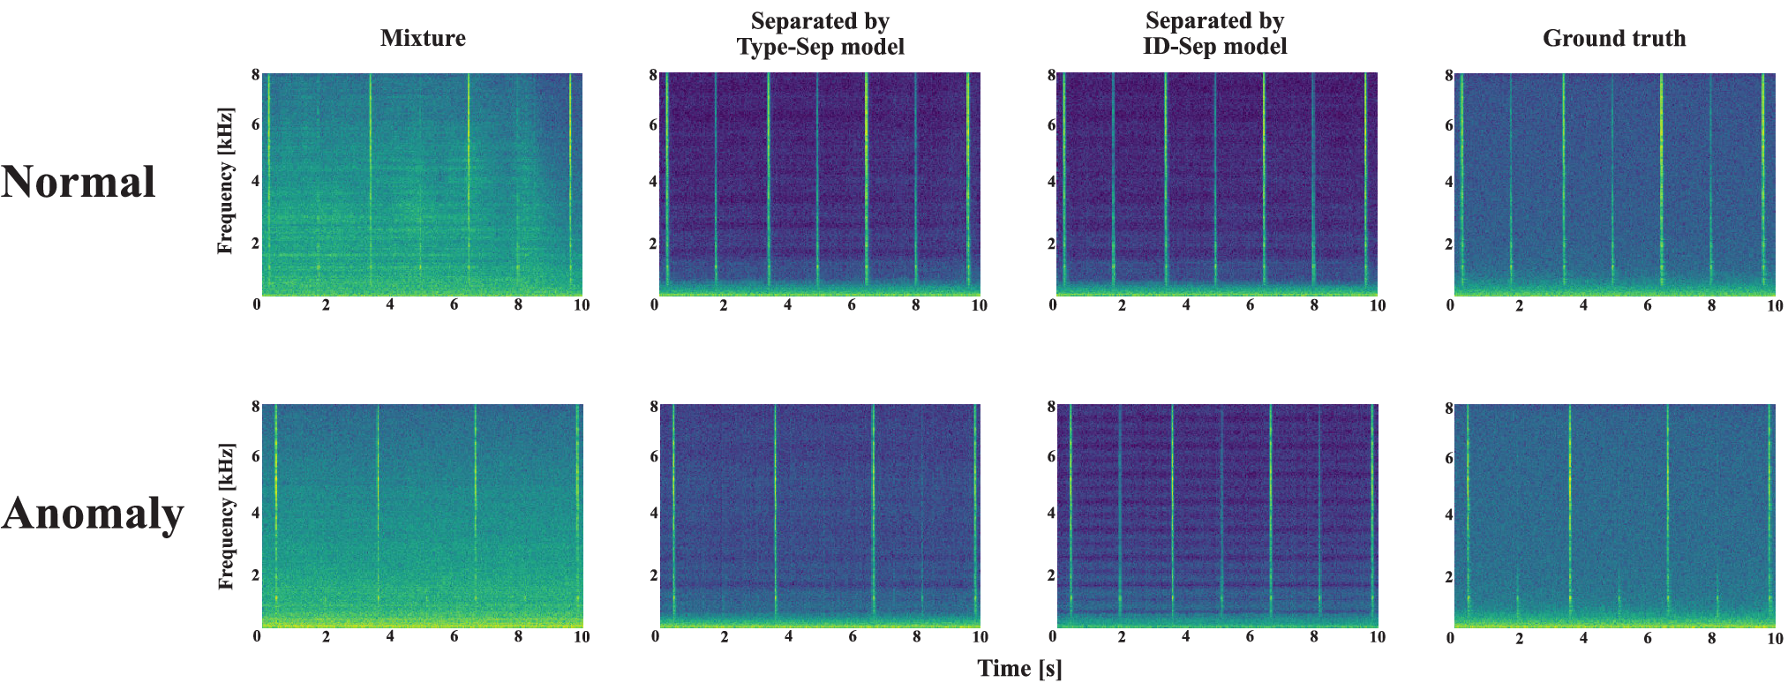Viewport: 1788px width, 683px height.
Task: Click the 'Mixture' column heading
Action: [x=423, y=38]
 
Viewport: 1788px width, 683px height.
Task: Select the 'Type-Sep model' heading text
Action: [x=821, y=47]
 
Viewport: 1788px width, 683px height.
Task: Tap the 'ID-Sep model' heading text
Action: [x=1215, y=46]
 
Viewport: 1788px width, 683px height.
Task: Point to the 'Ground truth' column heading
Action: [x=1614, y=38]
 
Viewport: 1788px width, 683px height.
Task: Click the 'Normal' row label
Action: [x=79, y=182]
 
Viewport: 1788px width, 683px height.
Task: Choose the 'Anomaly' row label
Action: [x=93, y=514]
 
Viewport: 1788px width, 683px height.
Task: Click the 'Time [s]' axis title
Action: [x=1019, y=668]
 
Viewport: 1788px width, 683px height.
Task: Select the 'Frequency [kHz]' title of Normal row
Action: [x=226, y=181]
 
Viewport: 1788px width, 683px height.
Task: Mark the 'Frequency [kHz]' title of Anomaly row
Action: [x=226, y=517]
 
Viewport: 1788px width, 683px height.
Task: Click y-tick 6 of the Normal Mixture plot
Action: [x=256, y=124]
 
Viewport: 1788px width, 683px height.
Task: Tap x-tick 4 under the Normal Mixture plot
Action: [x=390, y=305]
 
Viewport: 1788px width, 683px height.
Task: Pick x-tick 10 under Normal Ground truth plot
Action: [x=1775, y=306]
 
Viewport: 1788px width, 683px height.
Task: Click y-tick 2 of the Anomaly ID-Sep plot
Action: [x=1050, y=575]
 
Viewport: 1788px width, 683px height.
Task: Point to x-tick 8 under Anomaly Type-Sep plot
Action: [x=916, y=637]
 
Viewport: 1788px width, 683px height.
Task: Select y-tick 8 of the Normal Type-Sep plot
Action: [x=653, y=75]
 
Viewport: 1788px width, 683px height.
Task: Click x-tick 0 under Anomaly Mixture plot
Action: [x=257, y=636]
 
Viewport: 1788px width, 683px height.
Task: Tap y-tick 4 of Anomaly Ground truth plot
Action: [x=1448, y=514]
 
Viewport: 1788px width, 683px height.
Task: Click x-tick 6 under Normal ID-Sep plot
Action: [x=1250, y=305]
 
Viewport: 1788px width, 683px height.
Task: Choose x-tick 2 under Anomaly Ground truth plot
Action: [x=1519, y=638]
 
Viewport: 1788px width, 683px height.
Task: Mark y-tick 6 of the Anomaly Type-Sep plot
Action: [x=653, y=456]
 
